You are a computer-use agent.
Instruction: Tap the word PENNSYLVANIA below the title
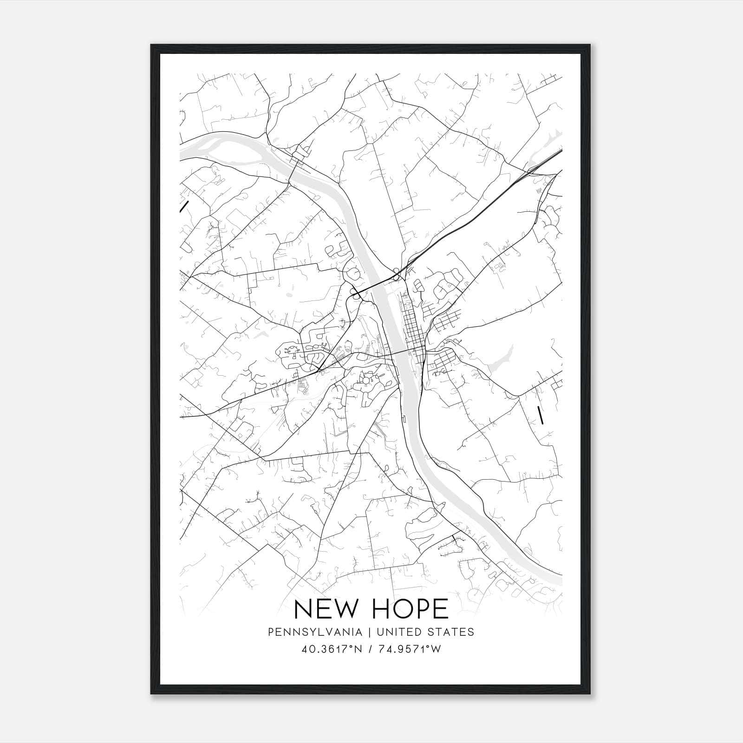(315, 632)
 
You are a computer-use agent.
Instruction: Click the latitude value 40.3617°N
(330, 649)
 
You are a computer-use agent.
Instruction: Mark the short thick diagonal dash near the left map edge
(184, 206)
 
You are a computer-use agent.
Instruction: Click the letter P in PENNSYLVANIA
(270, 632)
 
